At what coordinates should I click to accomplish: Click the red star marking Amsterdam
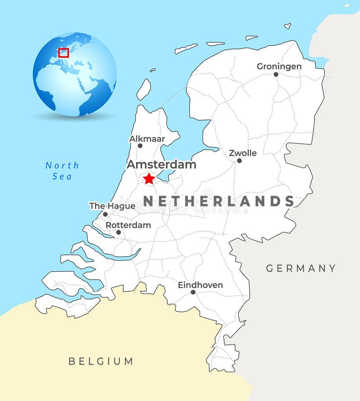coord(148,178)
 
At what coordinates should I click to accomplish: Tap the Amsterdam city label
coord(161,165)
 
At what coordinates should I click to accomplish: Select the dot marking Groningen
coord(276,74)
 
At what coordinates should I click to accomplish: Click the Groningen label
coord(279,66)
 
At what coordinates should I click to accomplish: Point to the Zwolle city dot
coord(239,160)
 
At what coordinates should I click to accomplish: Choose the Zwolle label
coord(243,153)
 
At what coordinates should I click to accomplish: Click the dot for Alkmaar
coord(140,146)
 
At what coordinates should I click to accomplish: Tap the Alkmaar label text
coord(147,138)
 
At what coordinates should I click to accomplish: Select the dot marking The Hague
coord(105,214)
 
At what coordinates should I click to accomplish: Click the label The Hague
coord(112,206)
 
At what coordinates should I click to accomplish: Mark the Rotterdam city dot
coord(118,232)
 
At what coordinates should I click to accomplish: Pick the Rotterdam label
coord(128,225)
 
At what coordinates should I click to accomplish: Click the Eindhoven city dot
coord(193,292)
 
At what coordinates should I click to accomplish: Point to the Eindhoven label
coord(200,285)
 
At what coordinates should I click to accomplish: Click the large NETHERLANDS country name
coord(219,201)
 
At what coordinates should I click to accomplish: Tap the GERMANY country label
coord(301,268)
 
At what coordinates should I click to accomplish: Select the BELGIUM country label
coord(101,361)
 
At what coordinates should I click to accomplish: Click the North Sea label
coord(62,171)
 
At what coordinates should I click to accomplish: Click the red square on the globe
coord(63,53)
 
